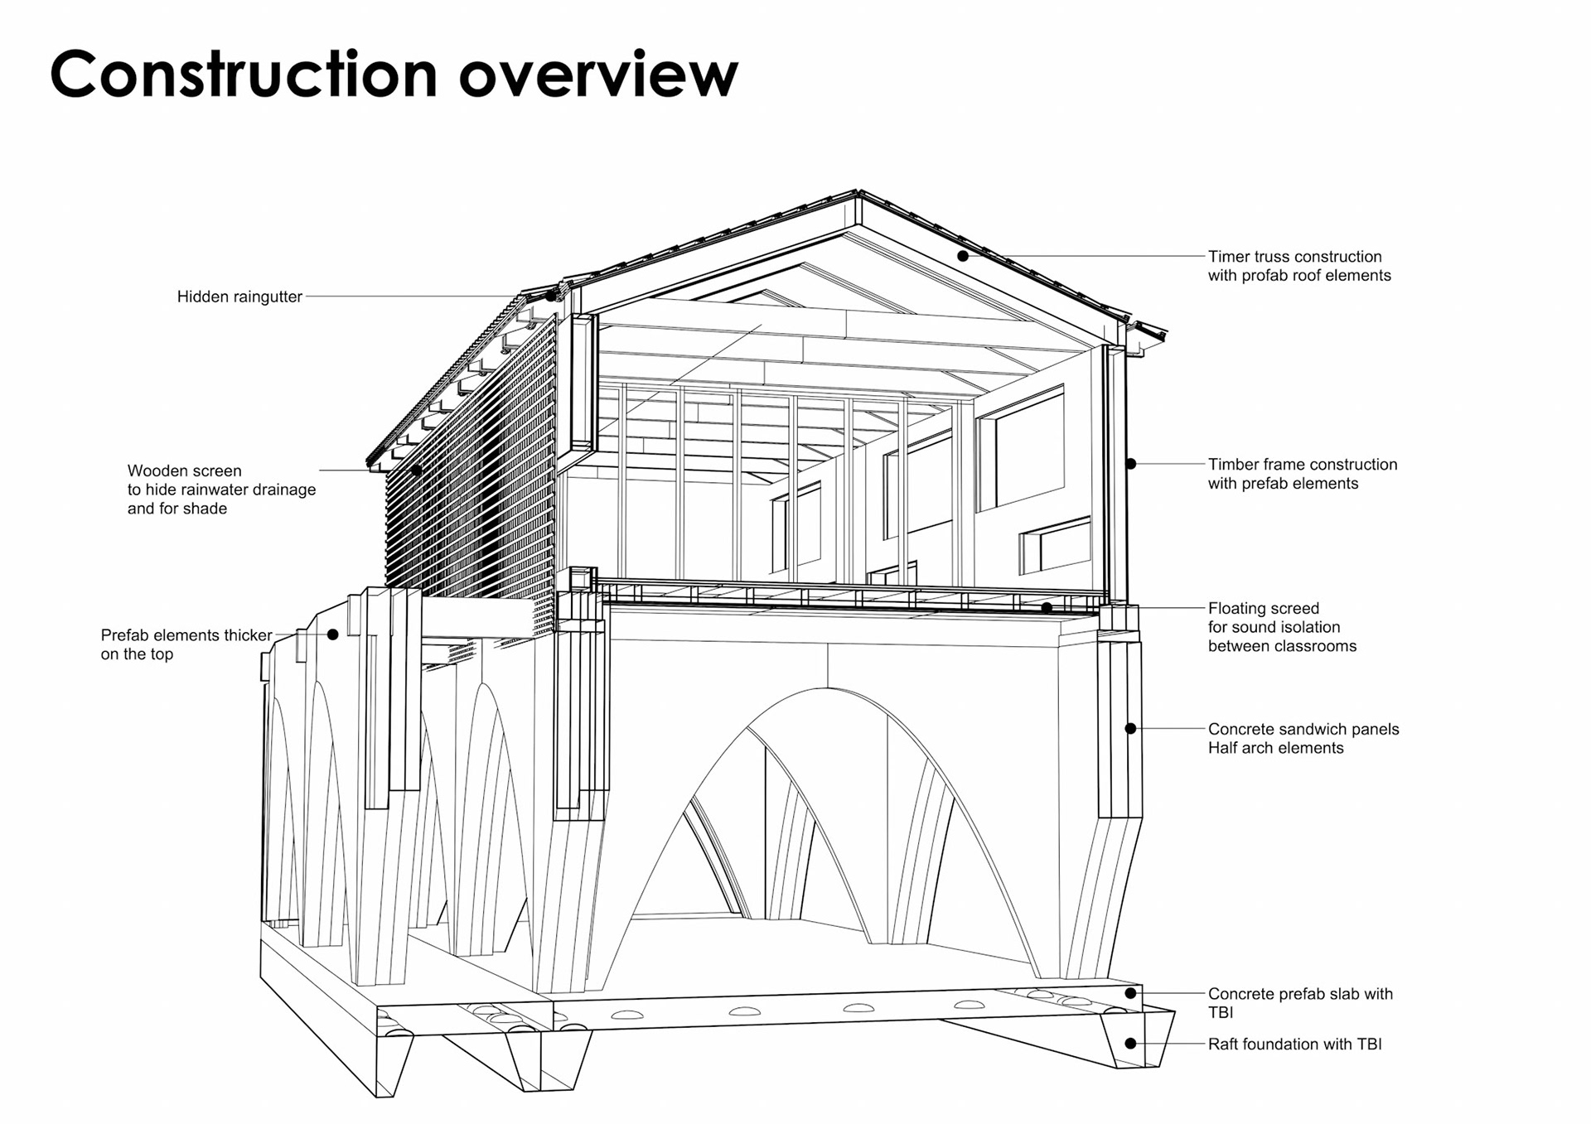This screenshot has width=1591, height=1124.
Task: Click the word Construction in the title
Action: [243, 75]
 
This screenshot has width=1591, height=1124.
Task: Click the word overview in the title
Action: [597, 75]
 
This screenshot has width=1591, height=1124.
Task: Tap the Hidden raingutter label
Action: [239, 297]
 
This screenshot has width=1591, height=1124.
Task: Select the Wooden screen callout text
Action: [221, 490]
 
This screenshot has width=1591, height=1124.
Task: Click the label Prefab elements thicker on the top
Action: [186, 644]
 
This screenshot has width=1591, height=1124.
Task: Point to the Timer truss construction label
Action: [1298, 266]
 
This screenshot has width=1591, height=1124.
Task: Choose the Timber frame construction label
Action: [1302, 474]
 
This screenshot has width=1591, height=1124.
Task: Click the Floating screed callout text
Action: [1281, 627]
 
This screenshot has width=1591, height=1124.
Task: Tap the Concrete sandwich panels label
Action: [1303, 738]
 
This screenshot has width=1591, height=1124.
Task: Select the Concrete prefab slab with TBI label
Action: [1299, 1002]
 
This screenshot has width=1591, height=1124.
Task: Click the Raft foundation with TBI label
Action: [1294, 1044]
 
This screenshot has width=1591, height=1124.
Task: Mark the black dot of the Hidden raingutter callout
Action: [550, 296]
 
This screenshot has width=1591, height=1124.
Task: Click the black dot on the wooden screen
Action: [416, 470]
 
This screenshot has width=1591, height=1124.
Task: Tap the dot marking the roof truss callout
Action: [963, 256]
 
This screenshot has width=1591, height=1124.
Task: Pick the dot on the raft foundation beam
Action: [1130, 1044]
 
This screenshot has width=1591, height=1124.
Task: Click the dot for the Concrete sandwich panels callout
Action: [1130, 729]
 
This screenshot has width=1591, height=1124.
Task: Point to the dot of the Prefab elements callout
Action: [332, 634]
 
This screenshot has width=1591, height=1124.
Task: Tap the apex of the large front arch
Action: [827, 688]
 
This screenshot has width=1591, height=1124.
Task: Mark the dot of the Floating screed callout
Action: [1047, 608]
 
